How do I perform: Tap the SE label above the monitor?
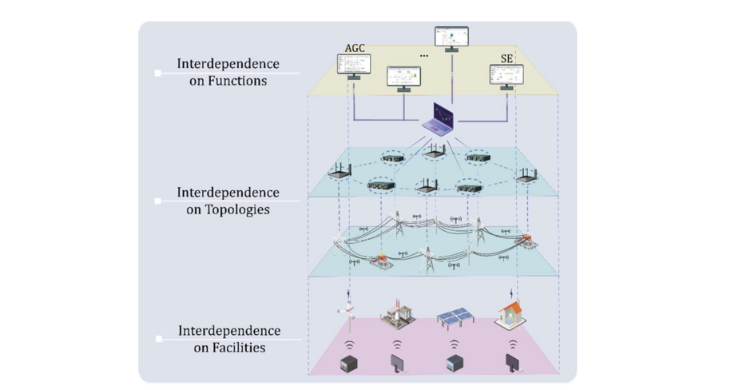pyautogui.click(x=506, y=59)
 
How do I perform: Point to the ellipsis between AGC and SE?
pyautogui.click(x=423, y=56)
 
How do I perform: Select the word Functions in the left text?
pyautogui.click(x=235, y=81)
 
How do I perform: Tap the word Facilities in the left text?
pyautogui.click(x=236, y=347)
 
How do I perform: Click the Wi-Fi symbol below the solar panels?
pyautogui.click(x=455, y=344)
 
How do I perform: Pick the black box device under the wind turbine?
pyautogui.click(x=349, y=364)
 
